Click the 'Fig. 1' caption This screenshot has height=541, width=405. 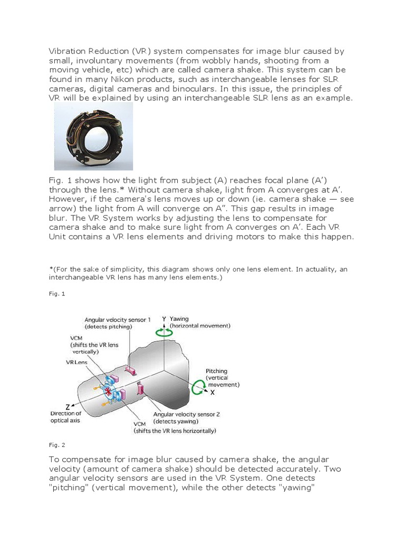[56, 293]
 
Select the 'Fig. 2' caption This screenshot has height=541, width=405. [56, 445]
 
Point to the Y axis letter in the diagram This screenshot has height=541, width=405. [164, 319]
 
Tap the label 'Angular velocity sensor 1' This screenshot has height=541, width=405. [118, 320]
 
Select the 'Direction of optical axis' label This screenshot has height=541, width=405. [65, 417]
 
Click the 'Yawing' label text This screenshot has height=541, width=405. [180, 319]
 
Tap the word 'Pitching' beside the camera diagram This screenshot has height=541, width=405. [216, 371]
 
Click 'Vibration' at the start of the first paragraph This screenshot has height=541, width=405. [67, 51]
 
